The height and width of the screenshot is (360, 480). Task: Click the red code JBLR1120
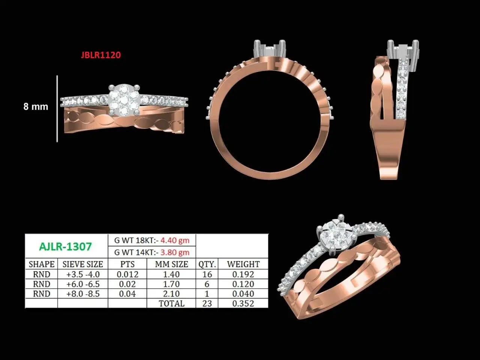101,55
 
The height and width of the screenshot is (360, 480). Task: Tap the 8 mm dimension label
36,106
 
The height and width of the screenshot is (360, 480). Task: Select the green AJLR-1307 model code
65,246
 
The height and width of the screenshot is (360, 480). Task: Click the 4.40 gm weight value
175,240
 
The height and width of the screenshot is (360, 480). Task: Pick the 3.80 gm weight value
175,252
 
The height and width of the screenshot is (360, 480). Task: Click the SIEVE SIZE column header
82,264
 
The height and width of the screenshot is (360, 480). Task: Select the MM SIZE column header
171,264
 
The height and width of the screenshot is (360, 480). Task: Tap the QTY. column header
207,264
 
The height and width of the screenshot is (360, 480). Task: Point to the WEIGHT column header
243,264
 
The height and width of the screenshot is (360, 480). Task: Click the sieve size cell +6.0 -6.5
83,284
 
